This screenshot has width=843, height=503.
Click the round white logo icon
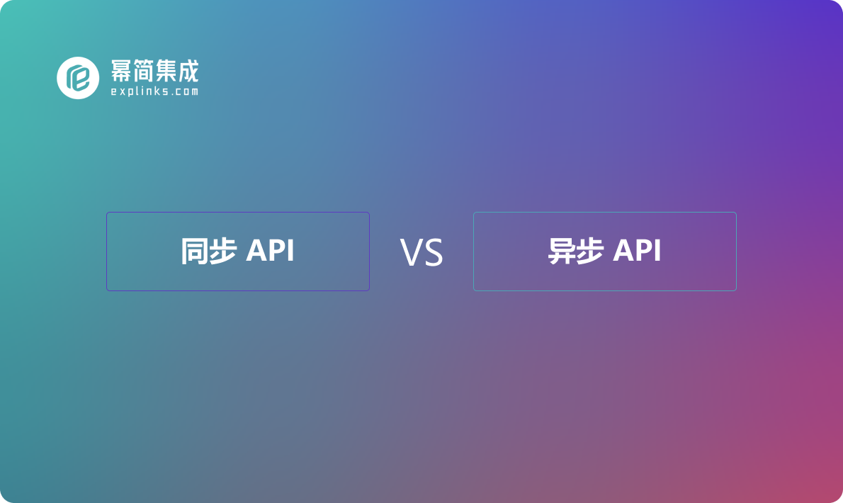pos(78,78)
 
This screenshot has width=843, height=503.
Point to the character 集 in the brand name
pos(166,70)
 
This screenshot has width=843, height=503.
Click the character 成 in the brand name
pos(188,70)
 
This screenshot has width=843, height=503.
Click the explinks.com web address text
pos(154,91)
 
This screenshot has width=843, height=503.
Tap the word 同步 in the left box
pos(208,251)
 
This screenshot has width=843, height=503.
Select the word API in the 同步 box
pos(270,250)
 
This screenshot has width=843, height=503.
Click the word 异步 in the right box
pos(576,251)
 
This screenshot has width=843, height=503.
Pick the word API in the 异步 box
pos(637,250)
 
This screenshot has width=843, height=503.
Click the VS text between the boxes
pos(421,253)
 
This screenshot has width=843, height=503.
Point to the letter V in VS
pos(412,253)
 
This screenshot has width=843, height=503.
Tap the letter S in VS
pos(434,253)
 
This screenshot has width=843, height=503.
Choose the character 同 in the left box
pos(194,251)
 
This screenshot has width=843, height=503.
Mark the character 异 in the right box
pos(562,251)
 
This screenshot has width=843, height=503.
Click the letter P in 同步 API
pos(277,250)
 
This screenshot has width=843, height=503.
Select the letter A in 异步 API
pos(623,250)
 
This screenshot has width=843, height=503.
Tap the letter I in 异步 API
pos(658,250)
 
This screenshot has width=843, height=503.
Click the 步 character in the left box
pos(223,251)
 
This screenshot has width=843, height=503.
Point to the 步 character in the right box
pos(590,251)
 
